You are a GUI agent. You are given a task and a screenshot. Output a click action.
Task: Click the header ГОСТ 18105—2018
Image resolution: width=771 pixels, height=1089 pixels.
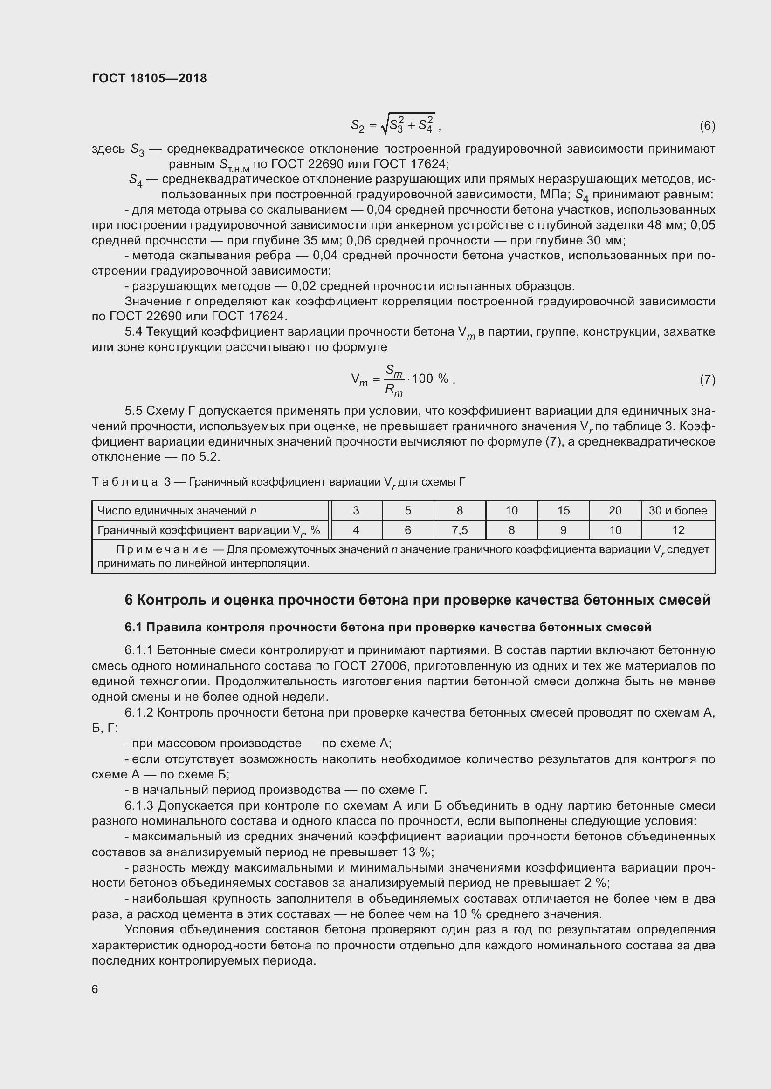(x=149, y=78)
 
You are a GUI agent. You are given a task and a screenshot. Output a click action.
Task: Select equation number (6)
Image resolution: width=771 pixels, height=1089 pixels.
(x=707, y=126)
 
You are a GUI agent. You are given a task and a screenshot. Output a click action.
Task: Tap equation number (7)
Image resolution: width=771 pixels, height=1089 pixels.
(x=707, y=379)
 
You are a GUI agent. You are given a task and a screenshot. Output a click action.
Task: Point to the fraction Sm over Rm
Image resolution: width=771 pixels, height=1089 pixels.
(x=393, y=380)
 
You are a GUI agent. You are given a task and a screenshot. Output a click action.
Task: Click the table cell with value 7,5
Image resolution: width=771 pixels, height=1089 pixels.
(x=459, y=530)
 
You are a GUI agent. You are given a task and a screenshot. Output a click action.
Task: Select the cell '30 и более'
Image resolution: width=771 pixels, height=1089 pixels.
(x=677, y=510)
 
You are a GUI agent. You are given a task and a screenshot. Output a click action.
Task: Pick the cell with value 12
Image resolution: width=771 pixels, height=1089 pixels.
(x=677, y=530)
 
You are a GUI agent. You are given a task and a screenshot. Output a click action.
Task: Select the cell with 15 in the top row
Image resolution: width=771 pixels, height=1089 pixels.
(x=563, y=510)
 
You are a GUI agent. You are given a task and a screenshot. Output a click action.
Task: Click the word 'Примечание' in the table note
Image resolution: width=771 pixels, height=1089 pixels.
(x=161, y=550)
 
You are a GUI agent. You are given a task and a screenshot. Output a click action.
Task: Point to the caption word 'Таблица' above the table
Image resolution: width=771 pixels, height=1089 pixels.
(x=124, y=482)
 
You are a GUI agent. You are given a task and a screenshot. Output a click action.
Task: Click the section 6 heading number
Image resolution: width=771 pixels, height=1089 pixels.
(x=129, y=600)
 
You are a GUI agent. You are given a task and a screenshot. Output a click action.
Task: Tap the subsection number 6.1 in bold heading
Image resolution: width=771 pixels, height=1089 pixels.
(x=133, y=627)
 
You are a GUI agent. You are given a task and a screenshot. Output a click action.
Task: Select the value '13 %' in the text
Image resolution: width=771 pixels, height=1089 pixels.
(x=416, y=852)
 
